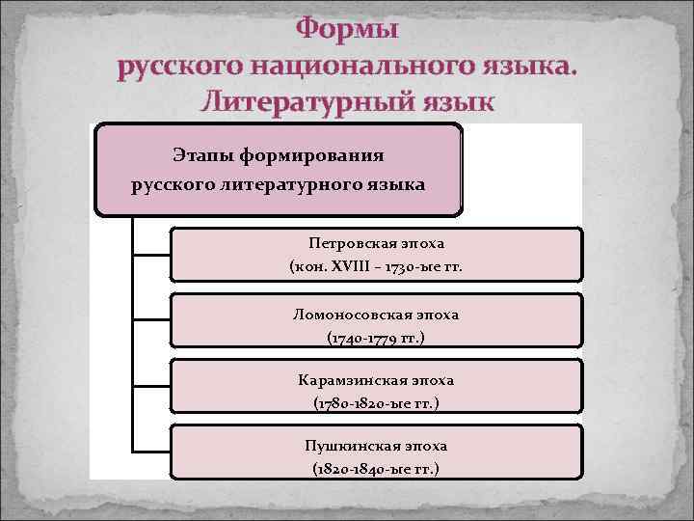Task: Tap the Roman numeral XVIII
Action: tap(356, 265)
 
